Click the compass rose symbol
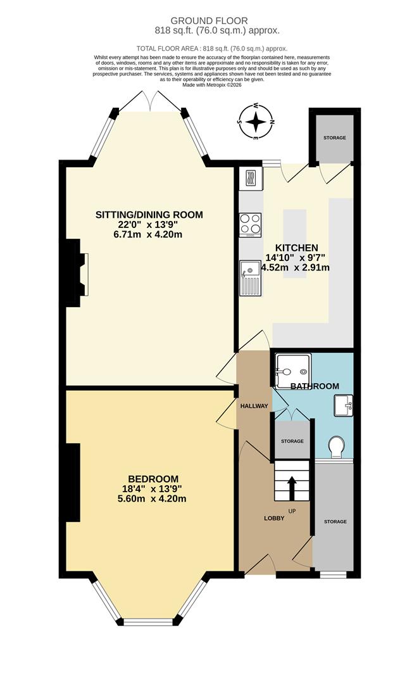256,121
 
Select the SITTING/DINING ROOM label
149,215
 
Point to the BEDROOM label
153,479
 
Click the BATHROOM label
315,386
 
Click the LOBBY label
274,518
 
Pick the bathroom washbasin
342,403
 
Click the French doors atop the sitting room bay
149,101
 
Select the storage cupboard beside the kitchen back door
330,137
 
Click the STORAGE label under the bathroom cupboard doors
292,441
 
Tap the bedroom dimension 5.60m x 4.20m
153,498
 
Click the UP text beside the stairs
291,511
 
